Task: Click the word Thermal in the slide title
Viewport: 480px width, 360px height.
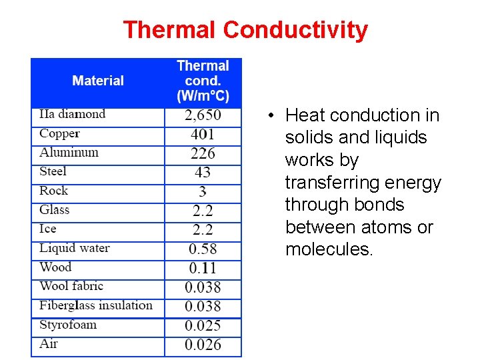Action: click(x=170, y=30)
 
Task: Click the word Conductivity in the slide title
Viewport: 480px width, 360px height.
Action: click(x=295, y=30)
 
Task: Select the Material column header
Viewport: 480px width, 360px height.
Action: click(x=98, y=81)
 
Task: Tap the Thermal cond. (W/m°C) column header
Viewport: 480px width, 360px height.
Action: click(x=203, y=81)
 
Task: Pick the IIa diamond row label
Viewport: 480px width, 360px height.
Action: click(x=72, y=114)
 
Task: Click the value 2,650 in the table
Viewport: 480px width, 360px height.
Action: click(x=203, y=116)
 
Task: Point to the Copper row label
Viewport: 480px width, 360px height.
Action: click(x=59, y=133)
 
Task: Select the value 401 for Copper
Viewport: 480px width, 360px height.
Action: click(x=203, y=135)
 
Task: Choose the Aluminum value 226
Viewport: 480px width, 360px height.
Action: click(x=203, y=153)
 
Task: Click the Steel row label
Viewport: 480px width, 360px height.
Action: click(x=53, y=171)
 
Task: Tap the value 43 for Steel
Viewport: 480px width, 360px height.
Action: click(x=203, y=172)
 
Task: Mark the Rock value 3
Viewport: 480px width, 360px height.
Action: click(x=203, y=192)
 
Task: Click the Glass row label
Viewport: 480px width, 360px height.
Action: click(x=55, y=209)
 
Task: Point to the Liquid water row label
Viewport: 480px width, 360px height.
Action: click(x=75, y=248)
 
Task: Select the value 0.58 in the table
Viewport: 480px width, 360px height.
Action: click(x=203, y=249)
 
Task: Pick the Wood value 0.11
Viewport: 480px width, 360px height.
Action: click(x=203, y=268)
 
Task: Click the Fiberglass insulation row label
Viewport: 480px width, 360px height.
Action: click(x=96, y=305)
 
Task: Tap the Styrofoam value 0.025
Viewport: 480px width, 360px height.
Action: click(x=203, y=326)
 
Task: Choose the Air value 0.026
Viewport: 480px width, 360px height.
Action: click(x=203, y=345)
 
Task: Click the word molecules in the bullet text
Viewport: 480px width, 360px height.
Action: click(x=328, y=249)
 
